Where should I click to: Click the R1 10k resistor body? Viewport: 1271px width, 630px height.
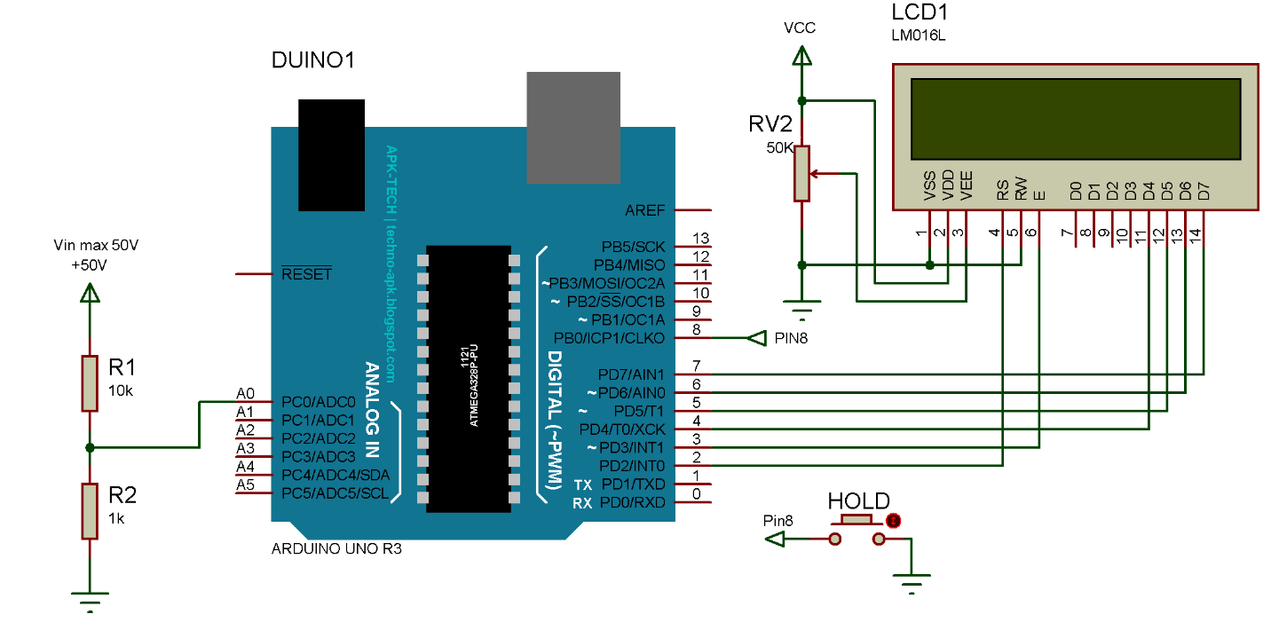pos(90,382)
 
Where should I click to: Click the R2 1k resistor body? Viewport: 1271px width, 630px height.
pos(90,510)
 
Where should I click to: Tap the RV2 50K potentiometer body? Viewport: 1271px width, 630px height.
pos(802,173)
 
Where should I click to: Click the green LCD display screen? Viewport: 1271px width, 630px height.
pos(1075,120)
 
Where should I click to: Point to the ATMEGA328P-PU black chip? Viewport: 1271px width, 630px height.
pos(469,378)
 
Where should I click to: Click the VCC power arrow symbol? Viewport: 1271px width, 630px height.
pos(802,57)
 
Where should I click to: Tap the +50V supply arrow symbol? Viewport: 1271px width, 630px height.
pos(89,292)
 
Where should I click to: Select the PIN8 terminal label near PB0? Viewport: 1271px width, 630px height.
pos(791,338)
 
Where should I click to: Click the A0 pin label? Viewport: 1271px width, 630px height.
pos(245,394)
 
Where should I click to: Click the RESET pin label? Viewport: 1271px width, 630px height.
pos(305,274)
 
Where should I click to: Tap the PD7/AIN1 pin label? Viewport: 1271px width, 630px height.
pos(632,374)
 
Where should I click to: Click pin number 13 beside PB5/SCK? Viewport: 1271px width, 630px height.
pos(701,239)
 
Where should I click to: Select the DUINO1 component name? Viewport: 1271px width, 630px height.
pos(313,61)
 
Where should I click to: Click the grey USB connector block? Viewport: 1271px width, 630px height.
pos(573,127)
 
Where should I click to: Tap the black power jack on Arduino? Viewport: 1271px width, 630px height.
pos(331,154)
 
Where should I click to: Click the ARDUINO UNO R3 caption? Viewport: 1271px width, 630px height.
pos(336,549)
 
